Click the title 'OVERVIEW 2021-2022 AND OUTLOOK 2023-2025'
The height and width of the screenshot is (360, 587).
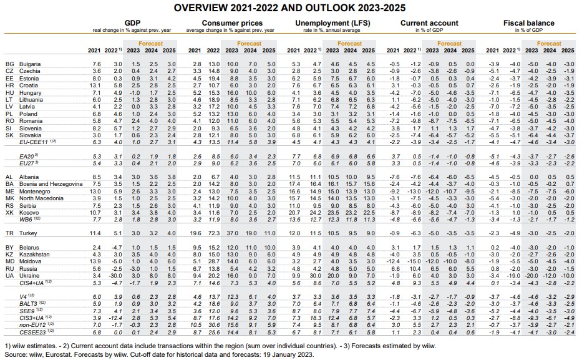[289, 8]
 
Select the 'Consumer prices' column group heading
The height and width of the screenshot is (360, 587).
[232, 23]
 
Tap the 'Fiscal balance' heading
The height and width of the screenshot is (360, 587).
[528, 23]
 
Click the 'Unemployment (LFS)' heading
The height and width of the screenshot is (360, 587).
[332, 23]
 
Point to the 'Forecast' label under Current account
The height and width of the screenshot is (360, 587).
[449, 44]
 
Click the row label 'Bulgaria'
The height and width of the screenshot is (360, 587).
[30, 64]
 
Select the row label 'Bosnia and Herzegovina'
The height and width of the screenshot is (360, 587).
[51, 184]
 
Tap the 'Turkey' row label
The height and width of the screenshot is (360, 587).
[29, 233]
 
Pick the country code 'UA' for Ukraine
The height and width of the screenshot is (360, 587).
[9, 276]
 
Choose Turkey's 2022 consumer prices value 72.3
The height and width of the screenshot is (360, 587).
[214, 233]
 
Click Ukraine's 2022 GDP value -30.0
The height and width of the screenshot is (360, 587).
[115, 276]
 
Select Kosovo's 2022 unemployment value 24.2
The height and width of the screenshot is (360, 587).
[315, 212]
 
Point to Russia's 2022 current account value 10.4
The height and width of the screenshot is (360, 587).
[415, 268]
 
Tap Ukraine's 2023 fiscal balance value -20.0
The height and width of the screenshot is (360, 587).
[531, 276]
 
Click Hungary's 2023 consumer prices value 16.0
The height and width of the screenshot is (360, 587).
[233, 92]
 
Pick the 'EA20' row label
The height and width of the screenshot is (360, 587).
[27, 157]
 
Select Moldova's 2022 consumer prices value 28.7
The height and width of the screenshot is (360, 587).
[214, 261]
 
